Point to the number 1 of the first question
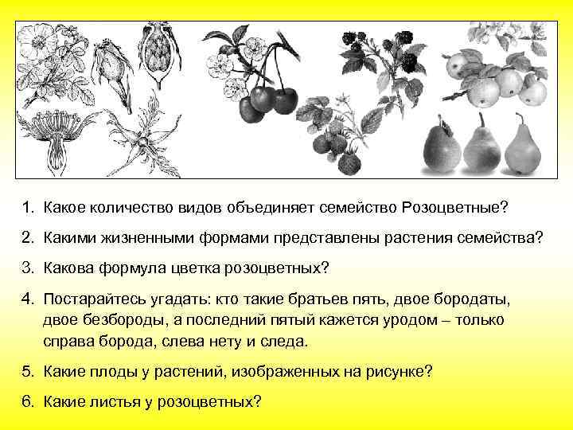coord(26,207)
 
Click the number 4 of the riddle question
coord(26,300)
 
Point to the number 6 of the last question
coord(26,401)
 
